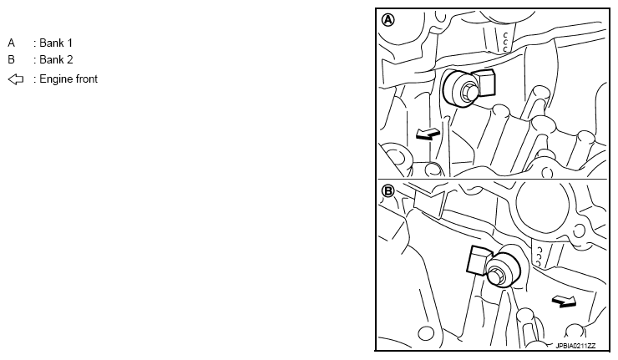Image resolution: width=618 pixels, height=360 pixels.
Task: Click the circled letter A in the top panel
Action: tap(388, 20)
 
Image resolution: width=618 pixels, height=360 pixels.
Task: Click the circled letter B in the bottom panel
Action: tap(388, 191)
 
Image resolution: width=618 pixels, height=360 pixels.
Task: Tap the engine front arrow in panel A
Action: tap(428, 134)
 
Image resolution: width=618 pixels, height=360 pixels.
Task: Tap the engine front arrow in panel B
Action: tap(564, 302)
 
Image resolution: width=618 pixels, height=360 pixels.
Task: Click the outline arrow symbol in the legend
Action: tap(16, 79)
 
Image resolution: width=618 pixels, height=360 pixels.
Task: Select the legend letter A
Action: tap(11, 43)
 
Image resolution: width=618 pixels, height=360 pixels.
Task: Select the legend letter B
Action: tap(11, 59)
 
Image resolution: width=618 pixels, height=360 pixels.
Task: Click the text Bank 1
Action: tap(56, 43)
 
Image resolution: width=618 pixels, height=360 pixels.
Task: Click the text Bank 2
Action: tap(56, 59)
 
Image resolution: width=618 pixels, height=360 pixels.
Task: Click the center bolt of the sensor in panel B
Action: tap(496, 275)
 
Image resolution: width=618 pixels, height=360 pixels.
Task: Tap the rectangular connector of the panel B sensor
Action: tap(477, 260)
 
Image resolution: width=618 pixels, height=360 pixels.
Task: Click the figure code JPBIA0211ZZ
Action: tap(575, 346)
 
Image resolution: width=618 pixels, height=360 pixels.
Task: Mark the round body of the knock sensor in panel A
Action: tap(457, 89)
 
